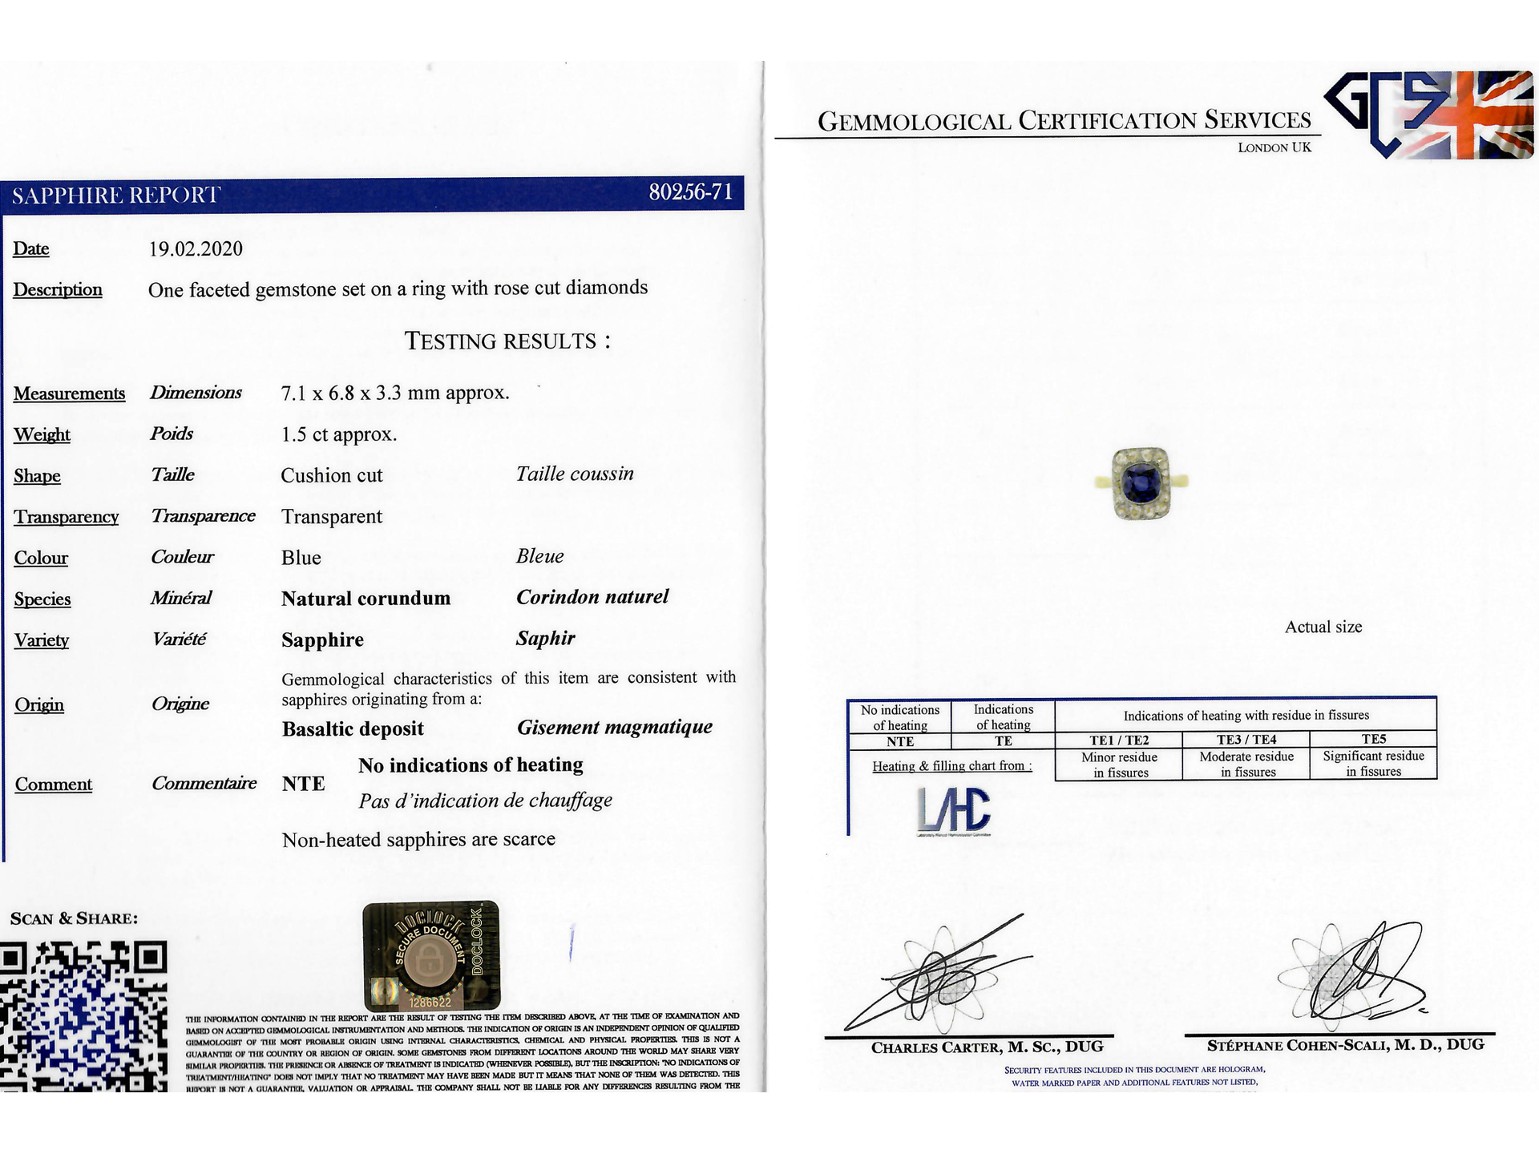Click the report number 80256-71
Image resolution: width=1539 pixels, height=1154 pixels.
[x=690, y=192]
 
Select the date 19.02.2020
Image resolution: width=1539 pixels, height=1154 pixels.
[x=196, y=249]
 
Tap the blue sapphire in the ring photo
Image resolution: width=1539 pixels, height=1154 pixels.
[x=1140, y=482]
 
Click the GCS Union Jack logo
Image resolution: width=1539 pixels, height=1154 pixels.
[x=1428, y=115]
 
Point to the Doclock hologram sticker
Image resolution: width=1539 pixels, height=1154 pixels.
[x=431, y=955]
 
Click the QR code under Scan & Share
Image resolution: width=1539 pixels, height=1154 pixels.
[x=83, y=1016]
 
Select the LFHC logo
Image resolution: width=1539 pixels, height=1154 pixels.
[x=953, y=810]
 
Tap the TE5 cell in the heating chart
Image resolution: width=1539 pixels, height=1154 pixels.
[x=1373, y=739]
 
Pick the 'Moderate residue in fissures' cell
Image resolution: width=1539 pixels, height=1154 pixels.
[x=1246, y=765]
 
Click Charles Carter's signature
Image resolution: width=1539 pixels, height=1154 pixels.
[x=938, y=978]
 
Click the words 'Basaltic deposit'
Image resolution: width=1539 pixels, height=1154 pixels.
[x=353, y=729]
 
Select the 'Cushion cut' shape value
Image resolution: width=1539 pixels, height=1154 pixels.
[x=332, y=475]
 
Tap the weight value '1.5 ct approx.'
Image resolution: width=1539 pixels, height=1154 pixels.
[x=339, y=434]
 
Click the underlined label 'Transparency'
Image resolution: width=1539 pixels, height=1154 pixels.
[x=67, y=517]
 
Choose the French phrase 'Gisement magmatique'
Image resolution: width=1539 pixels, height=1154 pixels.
[x=615, y=728]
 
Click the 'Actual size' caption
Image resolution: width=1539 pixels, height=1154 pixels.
[x=1323, y=627]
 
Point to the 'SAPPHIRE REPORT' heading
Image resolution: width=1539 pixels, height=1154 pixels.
[x=116, y=196]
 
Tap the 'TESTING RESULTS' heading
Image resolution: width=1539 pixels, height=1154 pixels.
[x=507, y=341]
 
